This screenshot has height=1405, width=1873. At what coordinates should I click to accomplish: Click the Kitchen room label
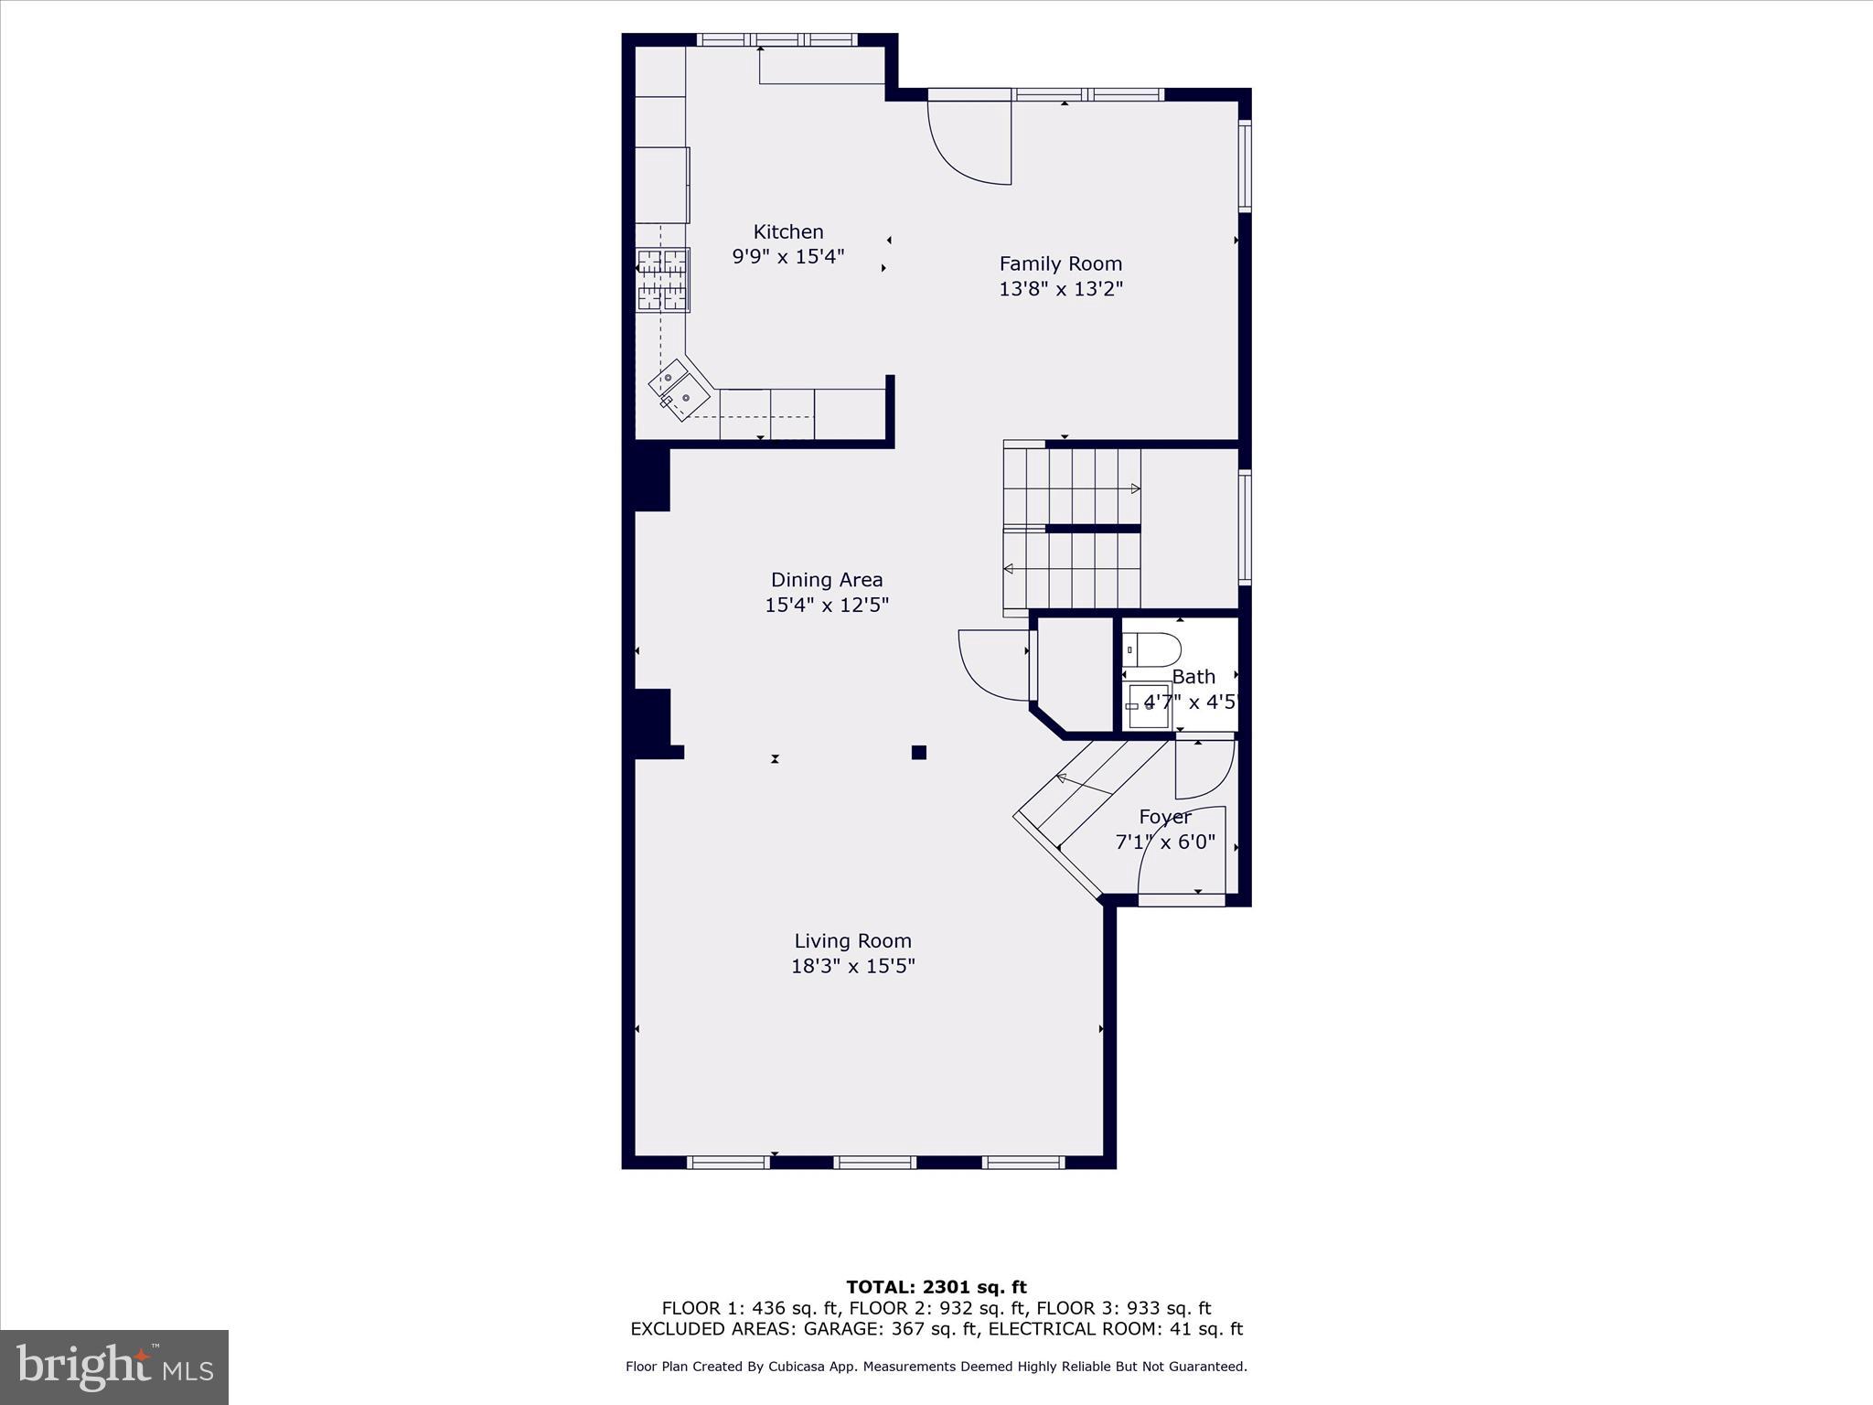[x=787, y=231]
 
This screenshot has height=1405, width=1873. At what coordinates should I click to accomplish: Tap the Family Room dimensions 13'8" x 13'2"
[x=1060, y=289]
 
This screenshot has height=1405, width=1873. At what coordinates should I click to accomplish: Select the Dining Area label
[x=826, y=579]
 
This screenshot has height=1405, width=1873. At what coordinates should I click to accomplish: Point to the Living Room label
[x=852, y=940]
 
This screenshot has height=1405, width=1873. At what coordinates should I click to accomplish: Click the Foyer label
[x=1164, y=816]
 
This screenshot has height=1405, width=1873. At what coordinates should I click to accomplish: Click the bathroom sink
[x=1149, y=705]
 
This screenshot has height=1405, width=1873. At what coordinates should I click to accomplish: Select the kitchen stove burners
[x=663, y=279]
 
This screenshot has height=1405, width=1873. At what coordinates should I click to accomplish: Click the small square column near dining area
[x=919, y=752]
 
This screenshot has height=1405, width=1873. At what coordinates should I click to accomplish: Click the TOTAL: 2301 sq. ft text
[x=936, y=1287]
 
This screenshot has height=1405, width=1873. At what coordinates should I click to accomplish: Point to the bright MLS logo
[x=114, y=1367]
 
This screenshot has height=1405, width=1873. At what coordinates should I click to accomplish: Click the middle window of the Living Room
[x=874, y=1162]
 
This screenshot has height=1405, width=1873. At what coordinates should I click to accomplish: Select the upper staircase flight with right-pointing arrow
[x=1072, y=488]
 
